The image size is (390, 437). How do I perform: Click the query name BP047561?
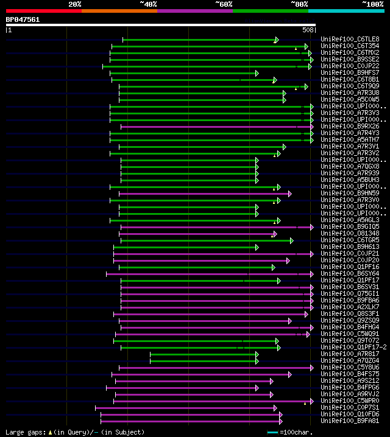tap(23, 19)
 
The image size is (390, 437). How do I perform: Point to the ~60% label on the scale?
tap(224, 4)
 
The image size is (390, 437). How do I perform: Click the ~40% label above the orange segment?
tap(148, 4)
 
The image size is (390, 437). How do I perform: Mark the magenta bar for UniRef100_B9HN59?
tap(204, 193)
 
